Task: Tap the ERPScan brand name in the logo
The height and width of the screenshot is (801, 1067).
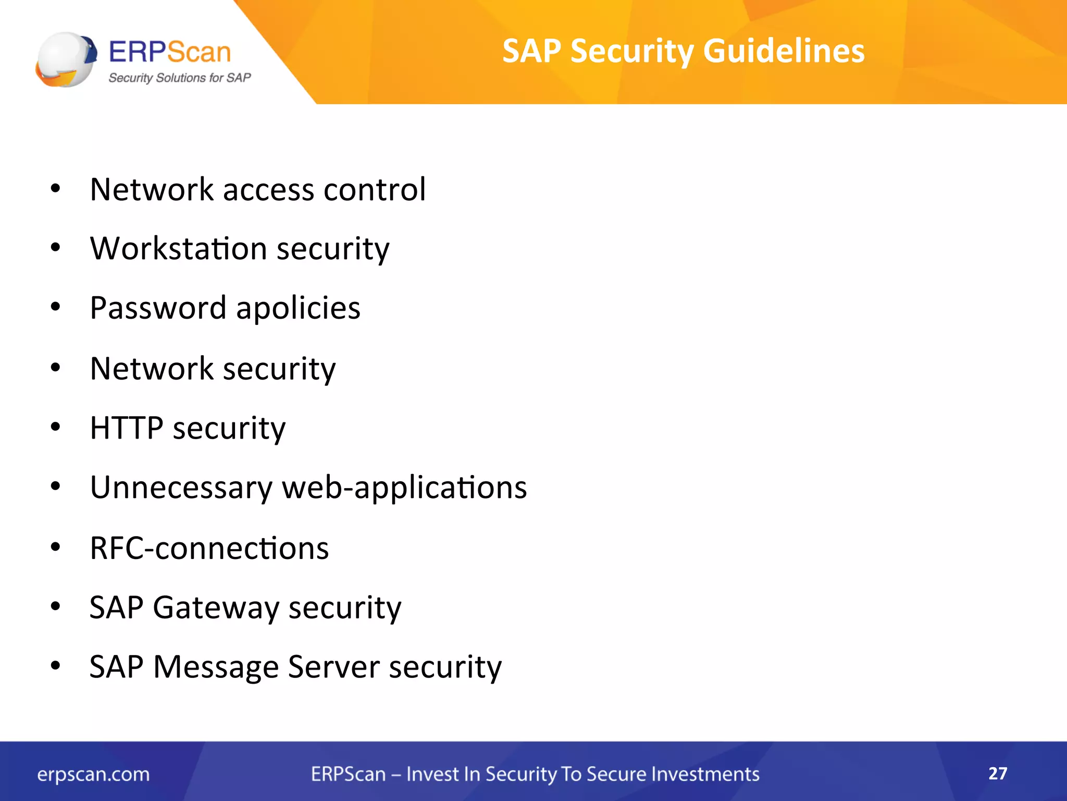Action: tap(170, 52)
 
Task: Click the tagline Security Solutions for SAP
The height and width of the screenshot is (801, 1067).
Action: tap(179, 78)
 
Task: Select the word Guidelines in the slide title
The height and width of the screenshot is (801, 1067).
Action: tap(784, 51)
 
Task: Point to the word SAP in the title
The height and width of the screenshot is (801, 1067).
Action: tap(531, 51)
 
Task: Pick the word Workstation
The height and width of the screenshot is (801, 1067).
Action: tap(178, 248)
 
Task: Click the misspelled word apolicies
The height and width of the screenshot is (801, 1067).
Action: tap(298, 308)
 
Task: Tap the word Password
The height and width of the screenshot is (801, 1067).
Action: tap(158, 308)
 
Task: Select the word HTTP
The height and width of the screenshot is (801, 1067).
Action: tap(127, 428)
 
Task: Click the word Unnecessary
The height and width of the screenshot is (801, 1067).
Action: tap(181, 488)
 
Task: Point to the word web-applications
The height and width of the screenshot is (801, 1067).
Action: tap(404, 488)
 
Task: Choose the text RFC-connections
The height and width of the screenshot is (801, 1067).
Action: tap(209, 549)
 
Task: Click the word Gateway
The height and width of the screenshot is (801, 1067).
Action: tap(216, 608)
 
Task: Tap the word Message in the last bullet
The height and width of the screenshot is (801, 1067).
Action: tap(216, 667)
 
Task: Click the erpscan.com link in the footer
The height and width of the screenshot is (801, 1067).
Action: tap(93, 774)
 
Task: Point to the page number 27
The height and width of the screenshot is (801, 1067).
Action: tap(998, 773)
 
